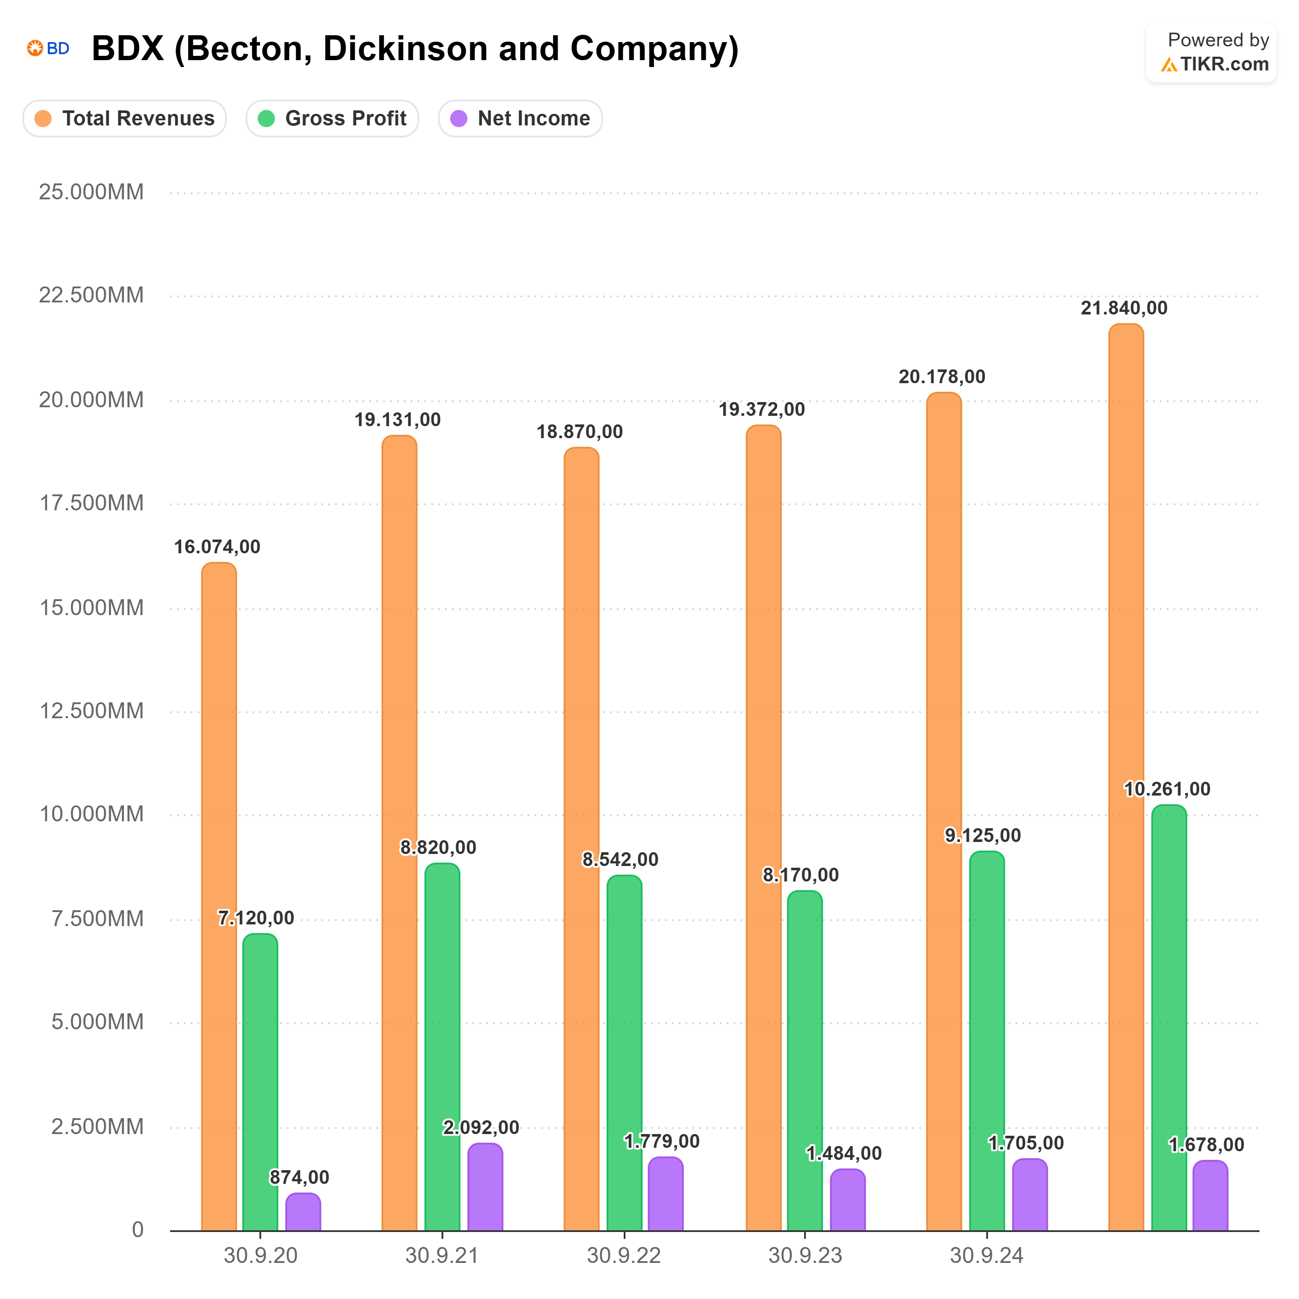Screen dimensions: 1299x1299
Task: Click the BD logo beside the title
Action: click(x=49, y=49)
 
